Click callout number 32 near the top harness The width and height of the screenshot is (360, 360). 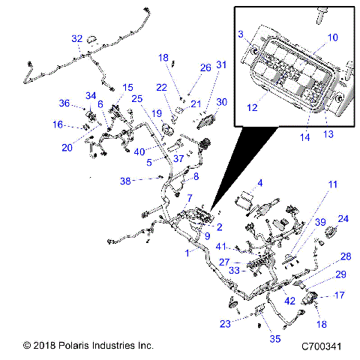click(77, 39)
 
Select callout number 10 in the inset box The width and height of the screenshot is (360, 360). click(332, 37)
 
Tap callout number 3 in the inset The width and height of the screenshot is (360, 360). click(241, 34)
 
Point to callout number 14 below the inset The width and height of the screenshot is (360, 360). click(305, 137)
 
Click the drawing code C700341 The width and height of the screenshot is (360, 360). click(322, 346)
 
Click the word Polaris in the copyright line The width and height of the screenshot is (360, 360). click(74, 346)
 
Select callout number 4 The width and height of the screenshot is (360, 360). click(260, 183)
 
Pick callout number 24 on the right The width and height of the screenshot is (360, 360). click(343, 219)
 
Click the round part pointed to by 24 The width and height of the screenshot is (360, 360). click(331, 232)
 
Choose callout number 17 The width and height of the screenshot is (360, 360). click(340, 295)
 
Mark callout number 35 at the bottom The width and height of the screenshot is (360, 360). click(275, 339)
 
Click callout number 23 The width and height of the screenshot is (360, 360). click(225, 324)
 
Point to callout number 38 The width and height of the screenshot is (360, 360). click(125, 181)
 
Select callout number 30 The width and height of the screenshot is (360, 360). click(222, 102)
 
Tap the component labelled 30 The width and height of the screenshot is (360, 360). click(206, 121)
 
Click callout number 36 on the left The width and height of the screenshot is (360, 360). click(64, 103)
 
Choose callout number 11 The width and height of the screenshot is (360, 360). click(333, 184)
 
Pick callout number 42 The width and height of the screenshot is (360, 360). click(289, 301)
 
